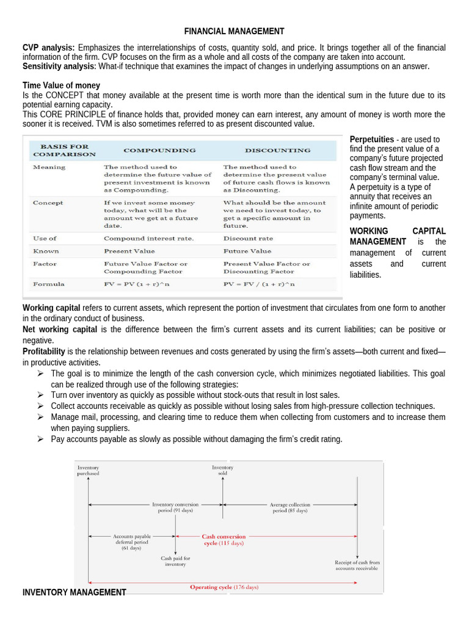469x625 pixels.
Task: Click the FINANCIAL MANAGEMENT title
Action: tap(234, 31)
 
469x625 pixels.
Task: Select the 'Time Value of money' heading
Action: tap(61, 85)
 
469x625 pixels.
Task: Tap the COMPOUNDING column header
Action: tap(159, 150)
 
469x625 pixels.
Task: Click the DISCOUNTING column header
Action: tap(277, 150)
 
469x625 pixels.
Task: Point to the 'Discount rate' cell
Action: tap(248, 238)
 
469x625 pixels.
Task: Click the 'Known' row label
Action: tap(46, 251)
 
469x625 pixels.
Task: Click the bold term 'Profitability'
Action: tap(44, 352)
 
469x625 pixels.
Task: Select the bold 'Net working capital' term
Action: tap(60, 330)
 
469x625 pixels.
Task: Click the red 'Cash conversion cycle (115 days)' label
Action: tap(223, 540)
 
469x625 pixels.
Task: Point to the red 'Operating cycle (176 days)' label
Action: tap(224, 587)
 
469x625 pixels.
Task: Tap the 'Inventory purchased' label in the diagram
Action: tap(88, 470)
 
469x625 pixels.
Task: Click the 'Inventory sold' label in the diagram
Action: tap(222, 470)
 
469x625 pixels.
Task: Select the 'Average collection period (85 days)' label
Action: tap(289, 507)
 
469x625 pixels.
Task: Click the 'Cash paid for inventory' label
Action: tap(175, 561)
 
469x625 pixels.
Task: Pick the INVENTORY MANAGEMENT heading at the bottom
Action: tap(74, 592)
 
